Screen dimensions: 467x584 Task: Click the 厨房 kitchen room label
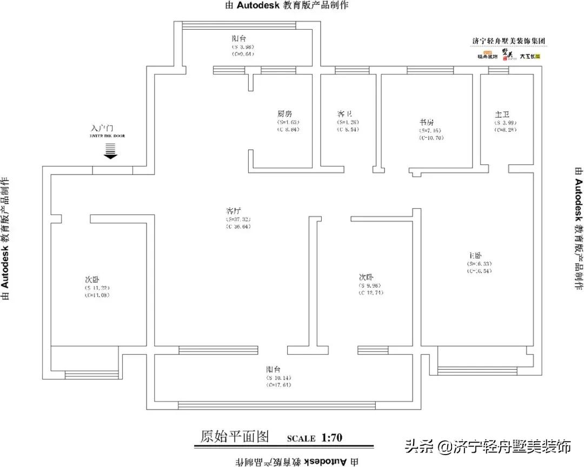pyautogui.click(x=284, y=114)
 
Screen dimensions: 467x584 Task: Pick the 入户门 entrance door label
pyautogui.click(x=103, y=129)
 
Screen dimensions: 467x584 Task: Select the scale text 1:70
pyautogui.click(x=331, y=437)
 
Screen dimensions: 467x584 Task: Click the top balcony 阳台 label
pyautogui.click(x=239, y=39)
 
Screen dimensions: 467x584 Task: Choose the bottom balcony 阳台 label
pyautogui.click(x=273, y=369)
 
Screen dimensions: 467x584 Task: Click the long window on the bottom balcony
pyautogui.click(x=277, y=405)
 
